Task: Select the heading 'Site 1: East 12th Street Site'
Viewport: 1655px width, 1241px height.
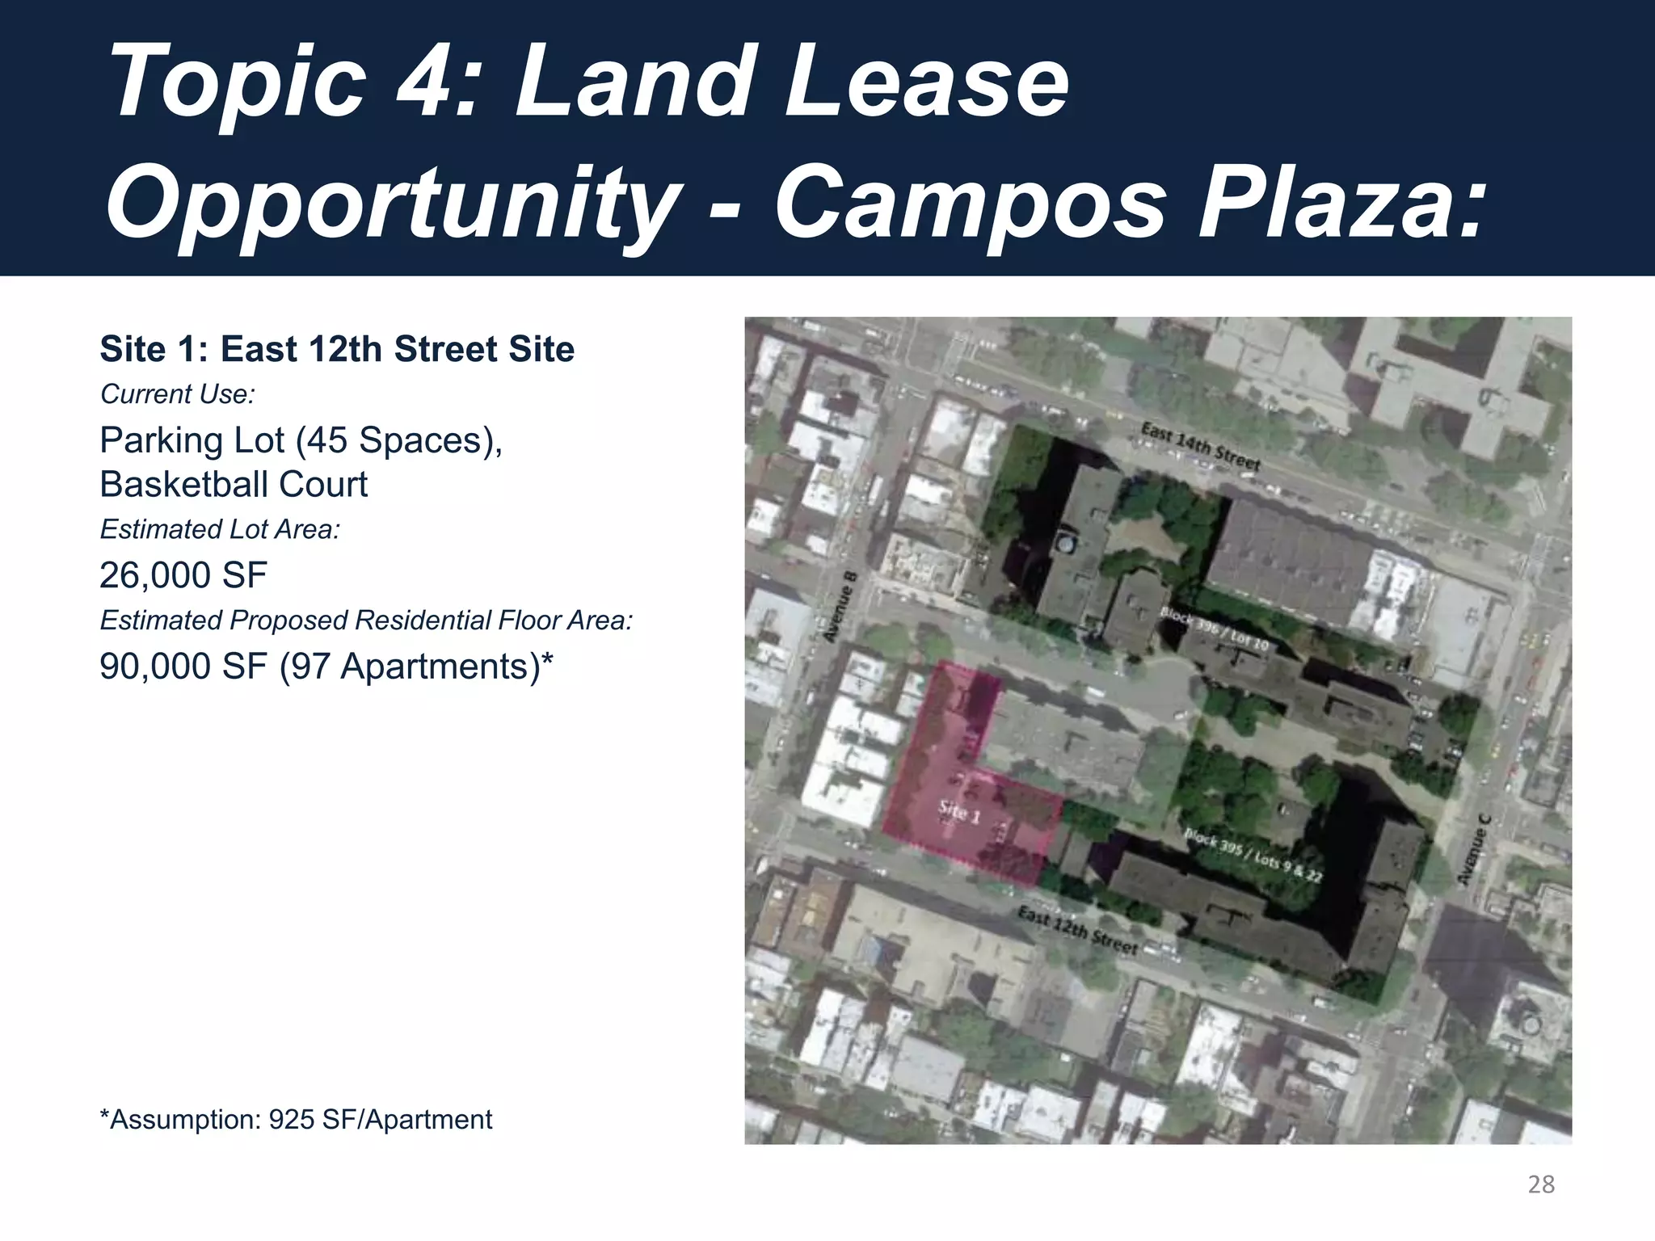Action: pyautogui.click(x=337, y=349)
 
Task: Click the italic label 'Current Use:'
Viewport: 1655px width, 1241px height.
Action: pyautogui.click(x=177, y=394)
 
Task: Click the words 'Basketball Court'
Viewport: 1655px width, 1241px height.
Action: pyautogui.click(x=234, y=485)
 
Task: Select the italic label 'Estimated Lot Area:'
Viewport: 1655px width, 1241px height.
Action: pyautogui.click(x=220, y=529)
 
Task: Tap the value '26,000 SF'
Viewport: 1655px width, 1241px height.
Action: pyautogui.click(x=183, y=575)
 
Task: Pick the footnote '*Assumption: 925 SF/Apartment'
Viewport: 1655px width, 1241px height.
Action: pyautogui.click(x=296, y=1120)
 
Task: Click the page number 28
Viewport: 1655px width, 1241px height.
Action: pyautogui.click(x=1541, y=1184)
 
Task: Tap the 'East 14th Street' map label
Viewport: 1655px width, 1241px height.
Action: pyautogui.click(x=1200, y=446)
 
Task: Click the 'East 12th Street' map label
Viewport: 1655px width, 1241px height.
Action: pyautogui.click(x=1077, y=929)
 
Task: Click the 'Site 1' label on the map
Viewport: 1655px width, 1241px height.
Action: pyautogui.click(x=959, y=811)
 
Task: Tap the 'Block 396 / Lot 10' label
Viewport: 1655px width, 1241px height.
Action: pyautogui.click(x=1214, y=629)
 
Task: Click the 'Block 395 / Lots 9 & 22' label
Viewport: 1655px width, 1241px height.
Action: pyautogui.click(x=1253, y=855)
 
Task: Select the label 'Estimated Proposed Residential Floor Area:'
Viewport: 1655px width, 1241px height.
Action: pyautogui.click(x=366, y=620)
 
